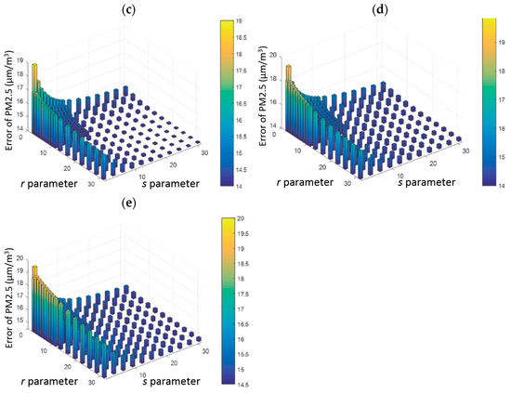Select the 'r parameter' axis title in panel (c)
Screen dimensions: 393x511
pyautogui.click(x=53, y=183)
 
